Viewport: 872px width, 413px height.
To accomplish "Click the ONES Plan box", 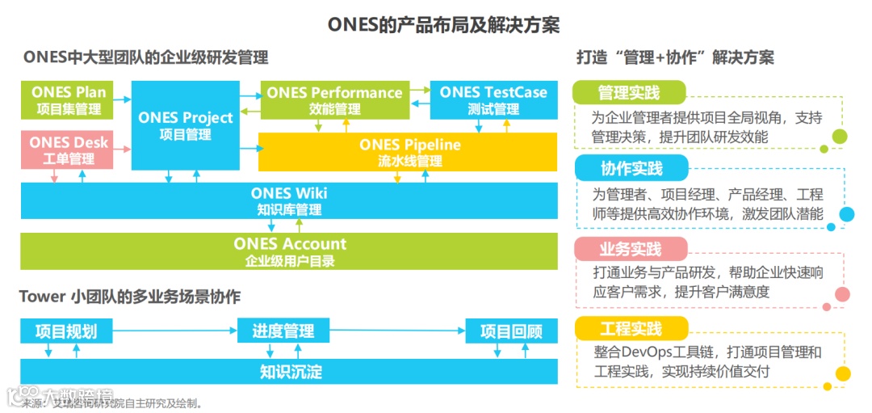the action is pos(68,99).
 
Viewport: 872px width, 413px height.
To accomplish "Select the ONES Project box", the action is pos(186,125).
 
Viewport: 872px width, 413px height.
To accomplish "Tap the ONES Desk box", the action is pos(68,150).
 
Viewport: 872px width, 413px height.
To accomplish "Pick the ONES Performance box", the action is pos(334,99).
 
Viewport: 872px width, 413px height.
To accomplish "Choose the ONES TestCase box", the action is pos(493,99).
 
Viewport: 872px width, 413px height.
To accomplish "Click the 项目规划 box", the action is pos(66,331).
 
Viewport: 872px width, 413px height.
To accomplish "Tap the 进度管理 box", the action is pos(283,331).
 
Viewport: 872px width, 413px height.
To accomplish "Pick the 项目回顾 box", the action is pos(511,331).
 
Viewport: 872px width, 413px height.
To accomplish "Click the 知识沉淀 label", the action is pos(291,372).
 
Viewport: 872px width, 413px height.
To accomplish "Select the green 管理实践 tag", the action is pos(629,92).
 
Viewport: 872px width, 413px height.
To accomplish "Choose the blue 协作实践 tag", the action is pos(631,168).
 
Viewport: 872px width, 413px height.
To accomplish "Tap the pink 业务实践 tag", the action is pos(630,248).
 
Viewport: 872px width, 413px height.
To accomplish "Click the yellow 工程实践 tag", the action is pos(631,328).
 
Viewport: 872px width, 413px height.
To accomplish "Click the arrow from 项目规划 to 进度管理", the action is pos(174,331).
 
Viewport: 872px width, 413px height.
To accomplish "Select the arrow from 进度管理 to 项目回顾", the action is pos(398,331).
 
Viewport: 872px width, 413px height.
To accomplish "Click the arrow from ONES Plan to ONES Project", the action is pos(122,99).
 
